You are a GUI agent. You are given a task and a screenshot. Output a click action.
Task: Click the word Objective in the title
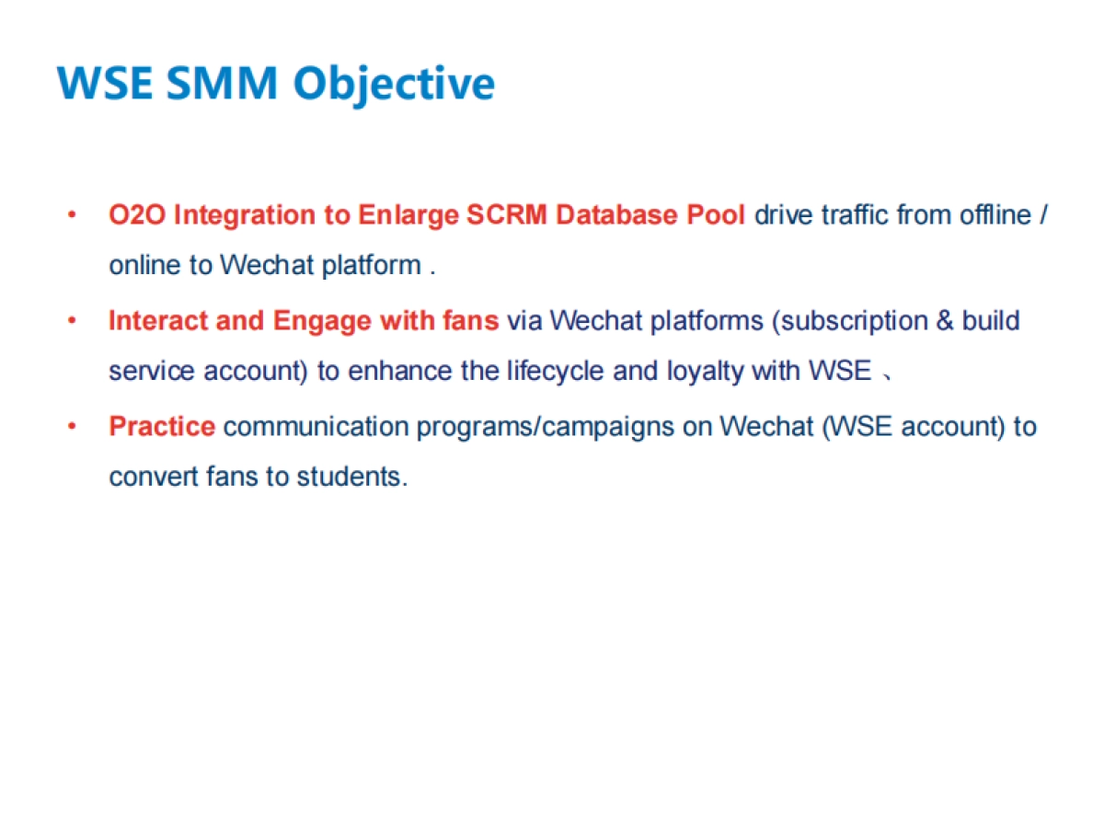pyautogui.click(x=394, y=85)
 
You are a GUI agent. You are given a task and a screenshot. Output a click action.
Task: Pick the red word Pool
pyautogui.click(x=717, y=215)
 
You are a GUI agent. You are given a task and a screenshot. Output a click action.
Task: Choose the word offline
pyautogui.click(x=995, y=215)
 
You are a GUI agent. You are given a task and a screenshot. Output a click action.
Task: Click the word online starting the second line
pyautogui.click(x=146, y=266)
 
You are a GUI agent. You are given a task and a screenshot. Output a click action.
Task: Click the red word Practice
pyautogui.click(x=162, y=427)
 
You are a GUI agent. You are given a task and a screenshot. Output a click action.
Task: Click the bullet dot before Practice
pyautogui.click(x=72, y=427)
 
